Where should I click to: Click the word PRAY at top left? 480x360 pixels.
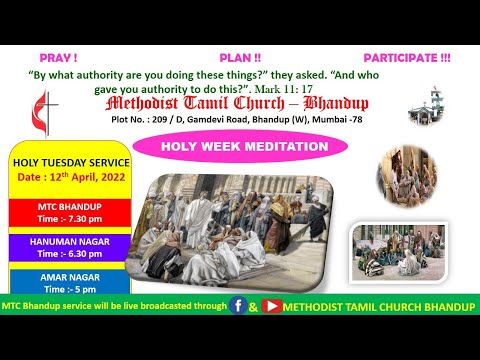(x=58, y=59)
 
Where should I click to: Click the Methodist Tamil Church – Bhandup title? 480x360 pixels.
(x=236, y=104)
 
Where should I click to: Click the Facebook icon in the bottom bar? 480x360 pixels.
(x=239, y=305)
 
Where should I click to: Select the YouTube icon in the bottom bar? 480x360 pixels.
(x=271, y=305)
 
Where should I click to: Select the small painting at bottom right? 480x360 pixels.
(x=397, y=251)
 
